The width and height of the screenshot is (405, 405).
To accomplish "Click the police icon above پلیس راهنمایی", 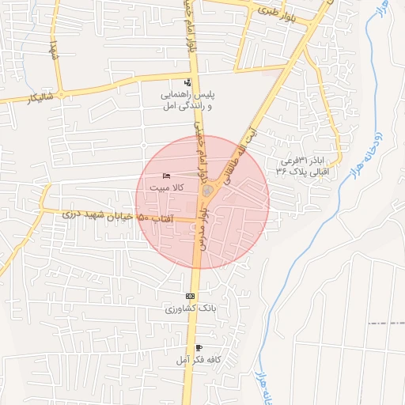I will point(187,82).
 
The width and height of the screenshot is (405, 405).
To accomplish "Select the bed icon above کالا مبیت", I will point(165,176).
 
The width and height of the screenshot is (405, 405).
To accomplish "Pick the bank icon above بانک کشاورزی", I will point(190,296).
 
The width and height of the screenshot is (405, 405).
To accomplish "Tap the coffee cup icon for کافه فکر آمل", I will point(198,348).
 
